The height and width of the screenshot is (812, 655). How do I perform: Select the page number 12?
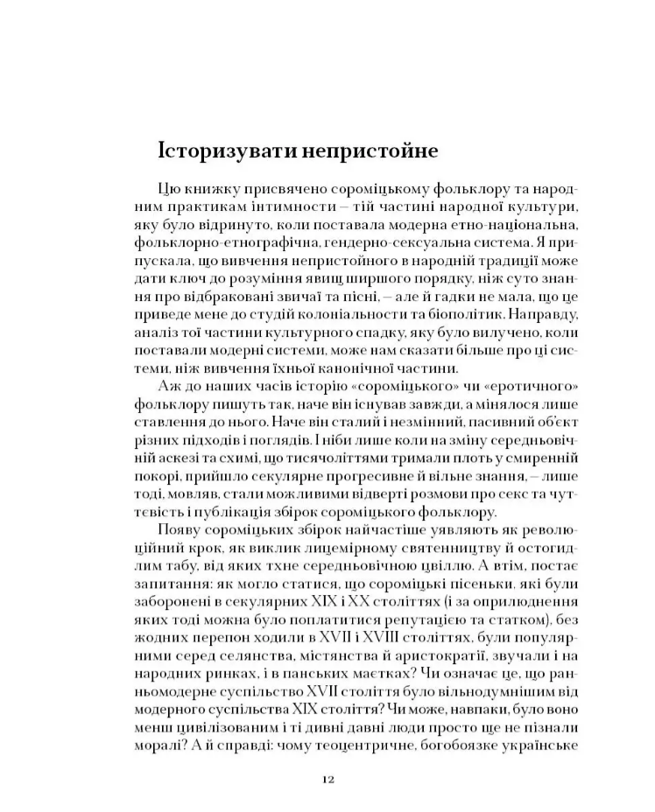tap(327, 778)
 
